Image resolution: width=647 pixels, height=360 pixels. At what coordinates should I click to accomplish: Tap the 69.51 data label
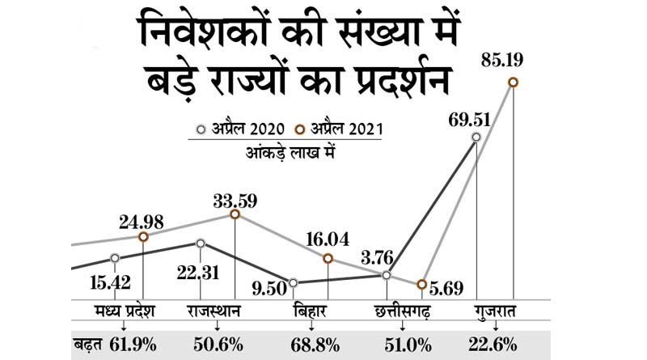tap(472, 120)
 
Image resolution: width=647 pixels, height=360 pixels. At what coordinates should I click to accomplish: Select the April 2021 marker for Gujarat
tap(512, 83)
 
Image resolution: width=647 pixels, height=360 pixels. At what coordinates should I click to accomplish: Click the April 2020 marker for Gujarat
tap(476, 138)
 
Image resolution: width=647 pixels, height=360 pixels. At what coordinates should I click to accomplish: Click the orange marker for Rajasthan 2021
tap(235, 214)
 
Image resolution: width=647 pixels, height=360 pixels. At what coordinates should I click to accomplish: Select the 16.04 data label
tap(328, 239)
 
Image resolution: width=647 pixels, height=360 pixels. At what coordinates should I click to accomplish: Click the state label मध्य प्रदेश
tap(123, 311)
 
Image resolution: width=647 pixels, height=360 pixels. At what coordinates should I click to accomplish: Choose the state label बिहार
tap(310, 311)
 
